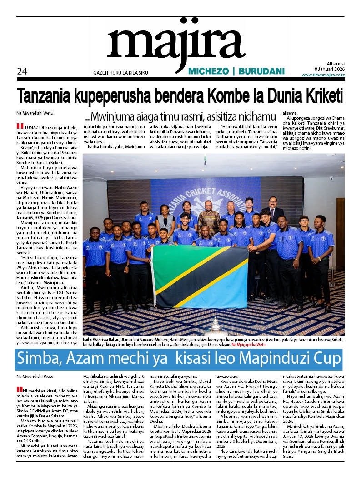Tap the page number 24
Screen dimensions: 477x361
22,71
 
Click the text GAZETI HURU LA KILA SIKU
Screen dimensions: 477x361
120,73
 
